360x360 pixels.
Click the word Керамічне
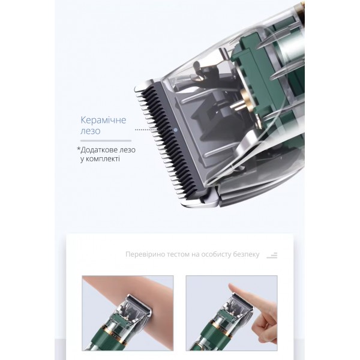point(103,120)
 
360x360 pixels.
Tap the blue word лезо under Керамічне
point(91,131)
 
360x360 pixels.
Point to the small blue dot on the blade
point(176,130)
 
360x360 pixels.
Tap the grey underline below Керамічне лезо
point(106,140)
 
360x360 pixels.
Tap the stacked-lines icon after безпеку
point(272,256)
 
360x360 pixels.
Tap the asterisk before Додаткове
point(79,149)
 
